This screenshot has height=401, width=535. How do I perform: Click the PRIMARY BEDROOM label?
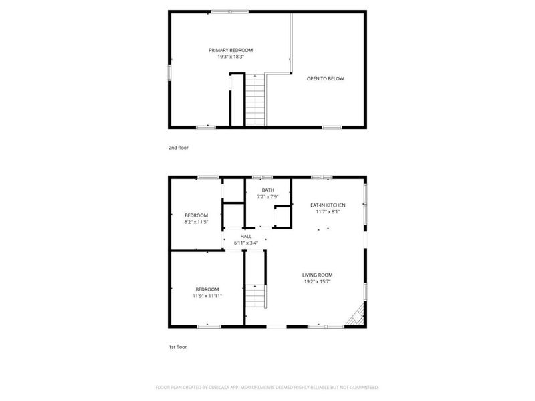231,50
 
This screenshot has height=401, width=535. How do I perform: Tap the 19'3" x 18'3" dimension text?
231,57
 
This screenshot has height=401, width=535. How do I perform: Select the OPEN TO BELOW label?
325,79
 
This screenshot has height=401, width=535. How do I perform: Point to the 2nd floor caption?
178,147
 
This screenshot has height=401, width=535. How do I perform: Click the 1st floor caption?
178,348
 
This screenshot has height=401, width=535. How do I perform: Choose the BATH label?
267,190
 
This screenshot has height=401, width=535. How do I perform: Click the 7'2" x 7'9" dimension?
267,197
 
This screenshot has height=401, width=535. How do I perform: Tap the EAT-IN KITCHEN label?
328,205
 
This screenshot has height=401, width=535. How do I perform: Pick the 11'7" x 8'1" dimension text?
328,212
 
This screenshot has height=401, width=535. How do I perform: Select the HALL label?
246,236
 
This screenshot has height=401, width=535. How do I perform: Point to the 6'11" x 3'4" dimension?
246,243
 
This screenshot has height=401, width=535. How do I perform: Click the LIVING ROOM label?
317,275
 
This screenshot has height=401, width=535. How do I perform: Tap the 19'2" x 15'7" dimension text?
317,282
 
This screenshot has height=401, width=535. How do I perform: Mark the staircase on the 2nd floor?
255,100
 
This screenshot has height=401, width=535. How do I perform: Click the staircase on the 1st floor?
255,296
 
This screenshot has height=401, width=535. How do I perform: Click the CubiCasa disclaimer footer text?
267,387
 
